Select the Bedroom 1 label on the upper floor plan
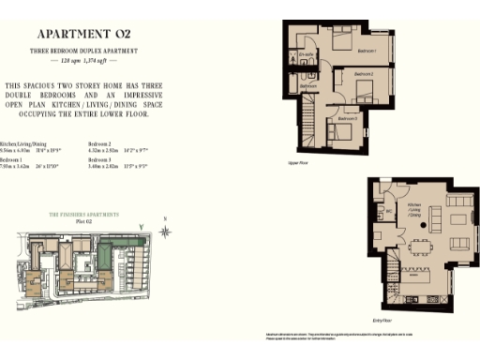366,50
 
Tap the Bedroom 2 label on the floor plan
364,73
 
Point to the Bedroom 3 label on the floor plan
347,119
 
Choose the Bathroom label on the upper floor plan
307,86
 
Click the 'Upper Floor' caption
299,160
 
